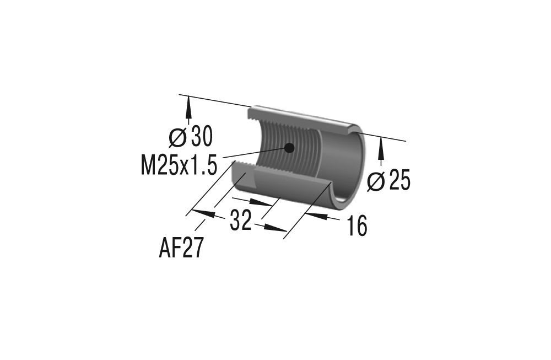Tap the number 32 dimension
(x=241, y=221)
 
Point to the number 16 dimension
(x=357, y=225)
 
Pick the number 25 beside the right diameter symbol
(x=400, y=181)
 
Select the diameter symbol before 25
(x=376, y=181)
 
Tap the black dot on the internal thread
(x=288, y=147)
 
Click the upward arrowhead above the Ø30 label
(x=189, y=105)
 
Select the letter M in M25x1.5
(x=148, y=165)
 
